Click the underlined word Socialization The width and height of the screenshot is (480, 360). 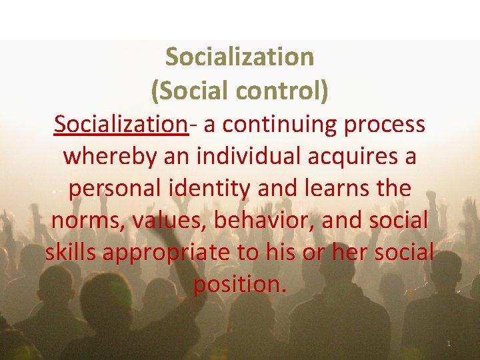[121, 124]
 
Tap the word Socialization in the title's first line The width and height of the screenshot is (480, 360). [239, 57]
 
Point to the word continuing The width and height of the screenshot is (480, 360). [279, 124]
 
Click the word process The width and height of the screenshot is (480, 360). [387, 125]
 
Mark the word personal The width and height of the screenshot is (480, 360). [113, 189]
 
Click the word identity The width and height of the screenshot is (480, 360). [207, 189]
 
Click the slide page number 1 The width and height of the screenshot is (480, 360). [449, 343]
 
